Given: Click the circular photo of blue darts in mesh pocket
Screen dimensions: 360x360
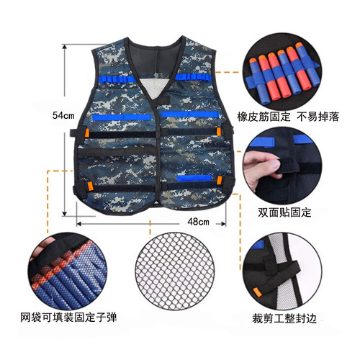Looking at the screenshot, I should coord(68,270).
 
